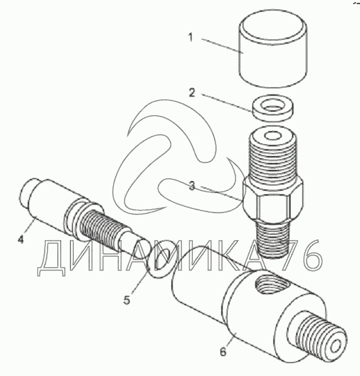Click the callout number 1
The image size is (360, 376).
pyautogui.click(x=191, y=37)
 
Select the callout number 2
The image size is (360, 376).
pyautogui.click(x=192, y=93)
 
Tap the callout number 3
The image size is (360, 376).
pyautogui.click(x=192, y=186)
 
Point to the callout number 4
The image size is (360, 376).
pyautogui.click(x=21, y=239)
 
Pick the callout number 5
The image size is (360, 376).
pyautogui.click(x=127, y=300)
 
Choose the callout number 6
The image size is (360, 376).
pyautogui.click(x=223, y=352)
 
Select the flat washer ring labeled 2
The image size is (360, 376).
pyautogui.click(x=273, y=108)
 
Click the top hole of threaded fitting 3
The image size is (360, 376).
pyautogui.click(x=273, y=136)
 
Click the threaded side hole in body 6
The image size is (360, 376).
pyautogui.click(x=273, y=285)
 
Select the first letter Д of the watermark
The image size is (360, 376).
pyautogui.click(x=51, y=259)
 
